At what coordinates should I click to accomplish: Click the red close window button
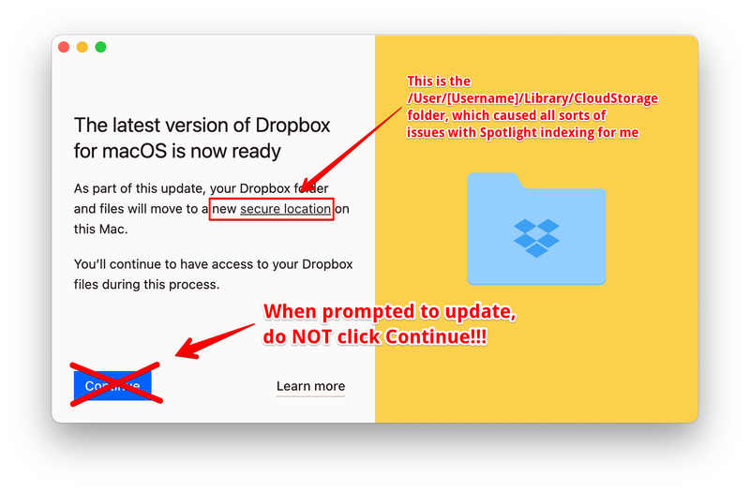pyautogui.click(x=64, y=47)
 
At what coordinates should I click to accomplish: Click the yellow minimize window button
pyautogui.click(x=82, y=47)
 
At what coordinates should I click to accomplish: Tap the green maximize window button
pyautogui.click(x=100, y=47)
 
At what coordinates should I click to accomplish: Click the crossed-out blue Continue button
pyautogui.click(x=112, y=385)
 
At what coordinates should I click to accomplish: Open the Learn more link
pyautogui.click(x=310, y=386)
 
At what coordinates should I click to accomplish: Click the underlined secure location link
pyautogui.click(x=285, y=209)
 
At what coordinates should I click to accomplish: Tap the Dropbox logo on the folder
pyautogui.click(x=536, y=238)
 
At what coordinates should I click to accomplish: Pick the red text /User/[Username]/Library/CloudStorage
pyautogui.click(x=532, y=98)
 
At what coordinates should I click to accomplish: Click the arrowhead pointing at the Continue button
pyautogui.click(x=185, y=352)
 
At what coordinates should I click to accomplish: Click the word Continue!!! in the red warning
pyautogui.click(x=428, y=336)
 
